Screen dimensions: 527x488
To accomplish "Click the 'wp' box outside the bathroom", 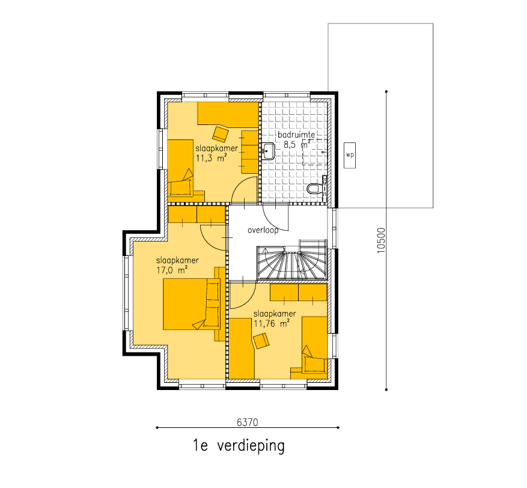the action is (x=350, y=155).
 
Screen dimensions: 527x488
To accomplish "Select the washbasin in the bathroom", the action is (x=268, y=151).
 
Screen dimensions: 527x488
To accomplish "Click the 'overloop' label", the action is (x=263, y=231).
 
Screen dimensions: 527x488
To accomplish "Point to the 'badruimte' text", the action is (x=296, y=135).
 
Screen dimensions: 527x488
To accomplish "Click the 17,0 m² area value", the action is (x=172, y=270).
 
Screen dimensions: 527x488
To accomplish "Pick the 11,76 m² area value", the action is (x=272, y=324).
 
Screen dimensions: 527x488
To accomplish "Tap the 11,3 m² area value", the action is (x=211, y=158).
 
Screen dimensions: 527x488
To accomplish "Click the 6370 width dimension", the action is (x=248, y=422).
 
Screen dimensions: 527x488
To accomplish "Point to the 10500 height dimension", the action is (x=381, y=240).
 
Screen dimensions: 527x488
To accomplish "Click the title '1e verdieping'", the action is (x=239, y=446).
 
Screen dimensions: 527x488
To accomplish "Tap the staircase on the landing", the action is (x=291, y=260).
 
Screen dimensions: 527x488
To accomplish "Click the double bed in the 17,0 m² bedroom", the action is (x=192, y=304).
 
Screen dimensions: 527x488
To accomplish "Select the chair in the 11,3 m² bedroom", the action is (x=221, y=134).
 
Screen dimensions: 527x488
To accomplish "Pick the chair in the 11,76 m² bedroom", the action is (x=261, y=341).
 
